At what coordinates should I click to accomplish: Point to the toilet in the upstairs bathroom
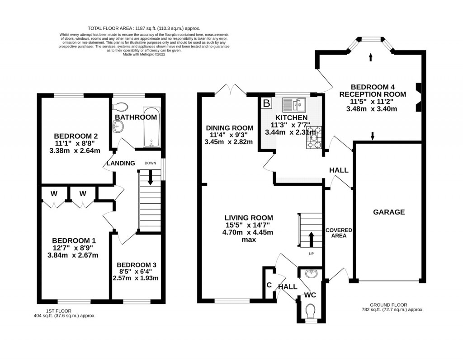click(x=121, y=107)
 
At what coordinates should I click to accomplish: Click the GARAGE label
click(x=389, y=212)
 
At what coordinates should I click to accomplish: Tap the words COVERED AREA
click(x=339, y=233)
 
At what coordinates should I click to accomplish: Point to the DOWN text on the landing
click(x=151, y=163)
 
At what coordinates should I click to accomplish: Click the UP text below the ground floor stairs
click(x=311, y=253)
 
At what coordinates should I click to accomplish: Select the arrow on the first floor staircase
click(x=151, y=179)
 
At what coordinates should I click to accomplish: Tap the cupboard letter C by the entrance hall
click(x=269, y=285)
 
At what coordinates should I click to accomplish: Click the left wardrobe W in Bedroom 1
click(x=54, y=194)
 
